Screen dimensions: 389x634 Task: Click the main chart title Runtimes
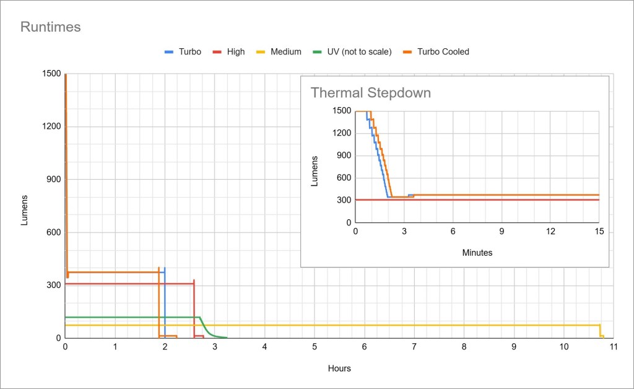click(51, 27)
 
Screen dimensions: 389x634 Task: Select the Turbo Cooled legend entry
click(443, 52)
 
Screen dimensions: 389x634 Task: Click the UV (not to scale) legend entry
click(359, 52)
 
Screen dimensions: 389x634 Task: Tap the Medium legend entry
click(285, 52)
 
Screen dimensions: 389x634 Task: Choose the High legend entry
click(235, 52)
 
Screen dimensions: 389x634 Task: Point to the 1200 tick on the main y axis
click(51, 127)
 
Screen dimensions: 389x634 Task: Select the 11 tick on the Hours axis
click(612, 347)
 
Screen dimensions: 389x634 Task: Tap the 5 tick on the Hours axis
click(315, 347)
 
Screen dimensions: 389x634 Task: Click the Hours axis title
click(339, 369)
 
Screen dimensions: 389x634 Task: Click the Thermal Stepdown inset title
click(370, 93)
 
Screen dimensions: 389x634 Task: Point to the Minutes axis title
click(477, 253)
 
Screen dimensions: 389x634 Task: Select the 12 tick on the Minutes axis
click(550, 231)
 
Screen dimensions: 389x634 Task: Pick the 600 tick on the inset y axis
click(344, 178)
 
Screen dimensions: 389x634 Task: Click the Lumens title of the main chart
click(25, 209)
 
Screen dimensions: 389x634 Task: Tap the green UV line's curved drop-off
click(208, 330)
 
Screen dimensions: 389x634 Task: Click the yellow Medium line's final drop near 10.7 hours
click(601, 331)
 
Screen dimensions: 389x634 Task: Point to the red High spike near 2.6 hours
click(194, 281)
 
